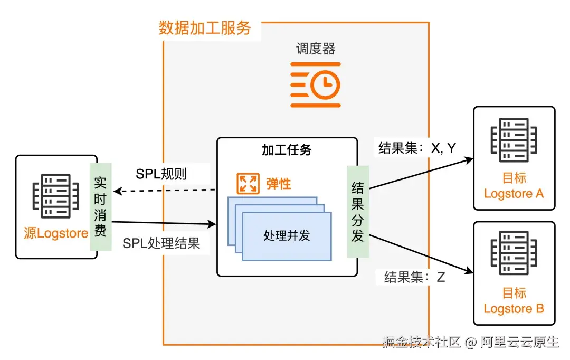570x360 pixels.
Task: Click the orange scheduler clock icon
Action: click(316, 84)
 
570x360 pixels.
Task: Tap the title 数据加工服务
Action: click(205, 28)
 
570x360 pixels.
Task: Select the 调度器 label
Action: click(316, 49)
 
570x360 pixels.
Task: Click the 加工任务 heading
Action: click(287, 149)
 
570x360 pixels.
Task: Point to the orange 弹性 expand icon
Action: click(247, 183)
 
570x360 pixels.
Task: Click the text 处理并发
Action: click(287, 235)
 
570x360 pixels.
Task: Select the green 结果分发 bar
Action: click(357, 212)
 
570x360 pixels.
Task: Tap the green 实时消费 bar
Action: click(100, 207)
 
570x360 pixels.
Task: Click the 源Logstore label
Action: click(55, 233)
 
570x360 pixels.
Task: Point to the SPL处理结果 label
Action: click(161, 243)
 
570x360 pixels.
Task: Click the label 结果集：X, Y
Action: click(416, 148)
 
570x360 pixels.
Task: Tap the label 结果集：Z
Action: click(414, 277)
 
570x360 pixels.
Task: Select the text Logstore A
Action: click(514, 194)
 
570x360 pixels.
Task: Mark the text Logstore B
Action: click(514, 308)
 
